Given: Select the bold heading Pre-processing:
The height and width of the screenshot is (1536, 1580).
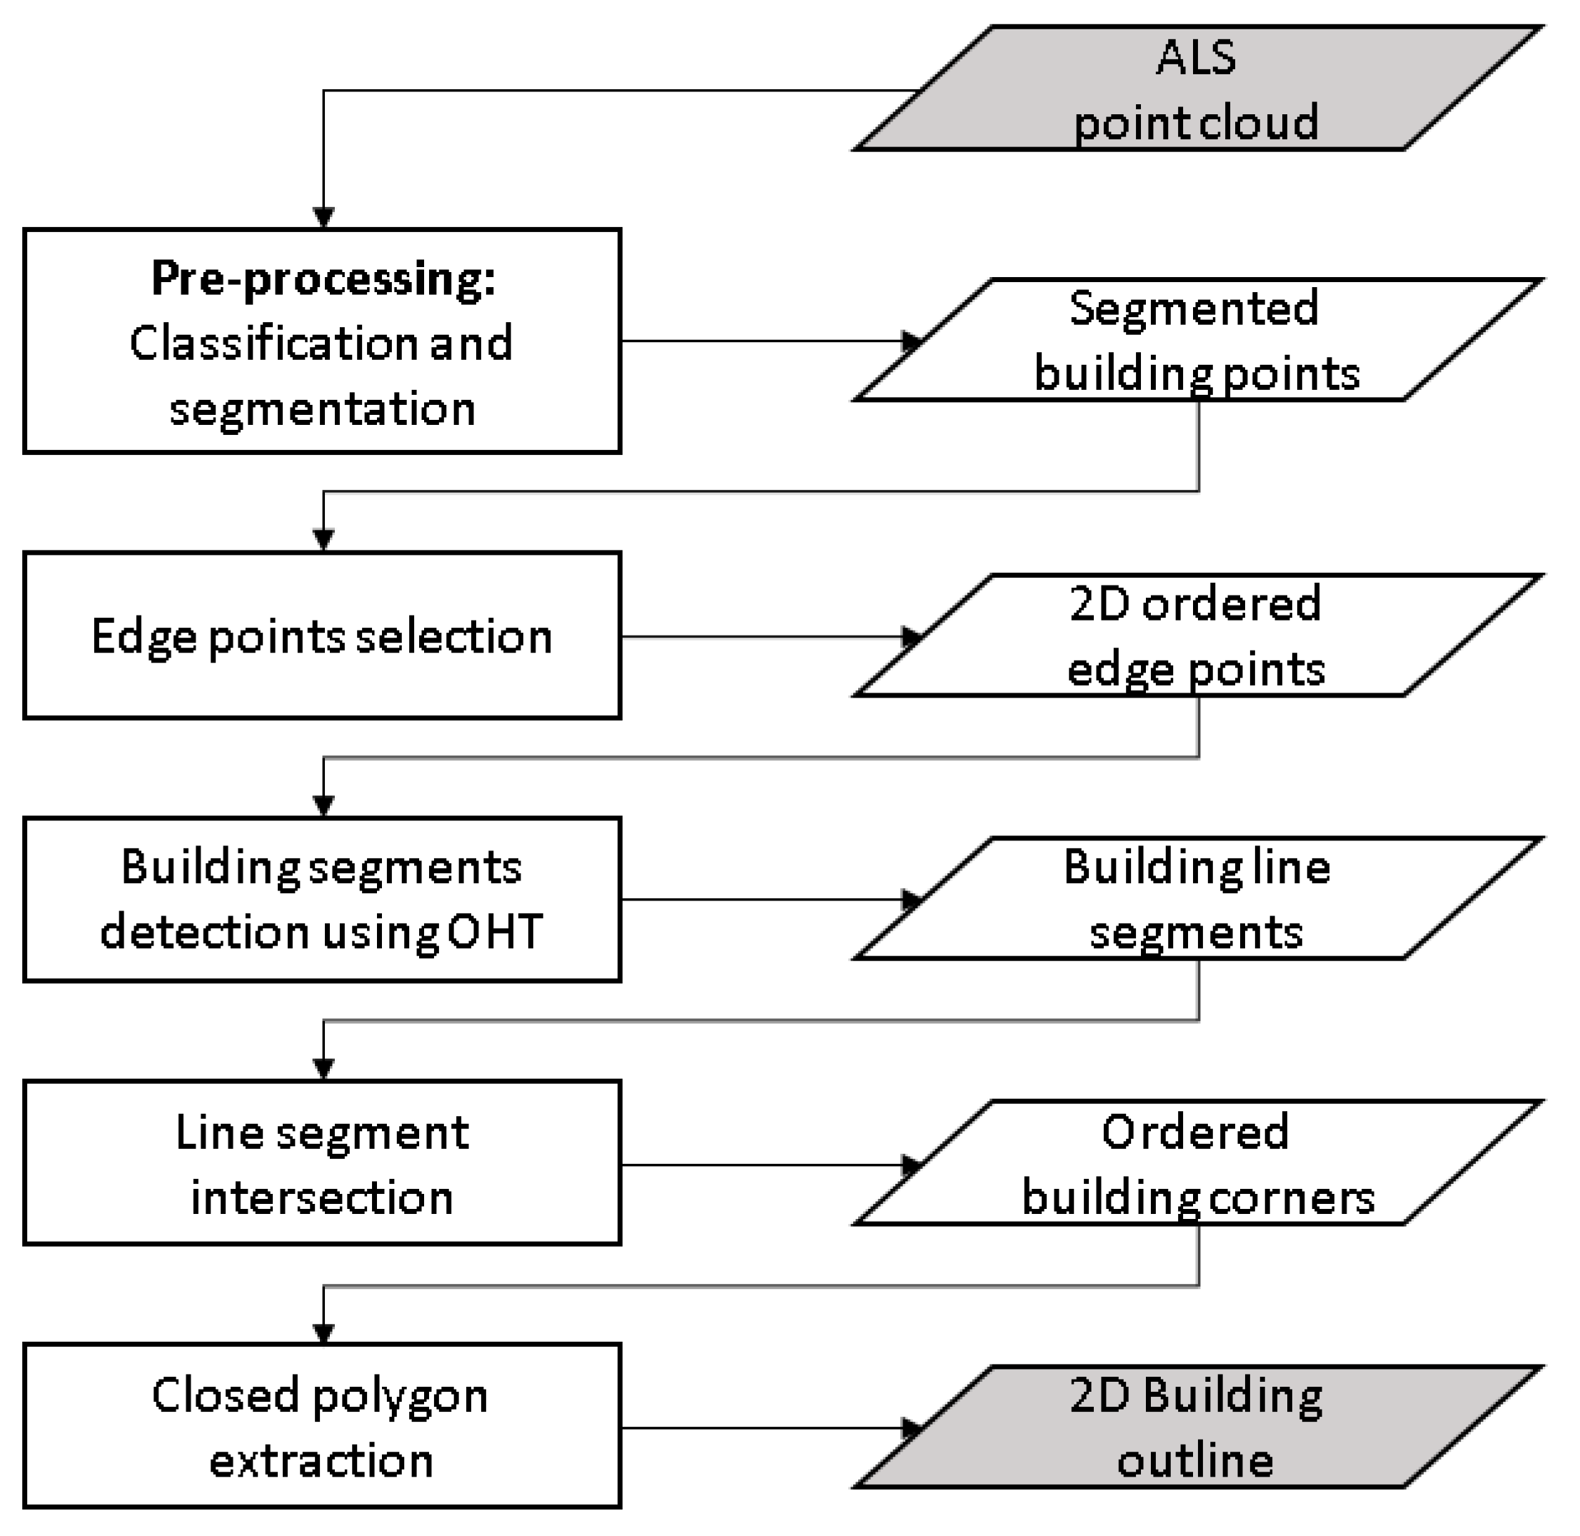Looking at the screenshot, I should [x=323, y=279].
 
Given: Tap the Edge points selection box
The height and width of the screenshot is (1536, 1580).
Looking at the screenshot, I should [x=322, y=635].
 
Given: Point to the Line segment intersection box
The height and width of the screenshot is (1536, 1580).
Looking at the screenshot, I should [x=322, y=1163].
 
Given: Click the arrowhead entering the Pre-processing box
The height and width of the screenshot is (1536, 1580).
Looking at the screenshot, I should [x=323, y=218].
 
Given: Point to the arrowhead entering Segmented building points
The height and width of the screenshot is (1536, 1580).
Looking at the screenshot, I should [x=912, y=341].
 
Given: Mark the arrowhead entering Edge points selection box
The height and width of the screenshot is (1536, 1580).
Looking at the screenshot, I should [x=323, y=540].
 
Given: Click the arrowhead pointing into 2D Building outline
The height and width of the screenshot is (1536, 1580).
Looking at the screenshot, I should [x=912, y=1428].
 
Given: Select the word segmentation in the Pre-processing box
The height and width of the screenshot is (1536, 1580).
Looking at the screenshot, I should [x=322, y=409].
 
